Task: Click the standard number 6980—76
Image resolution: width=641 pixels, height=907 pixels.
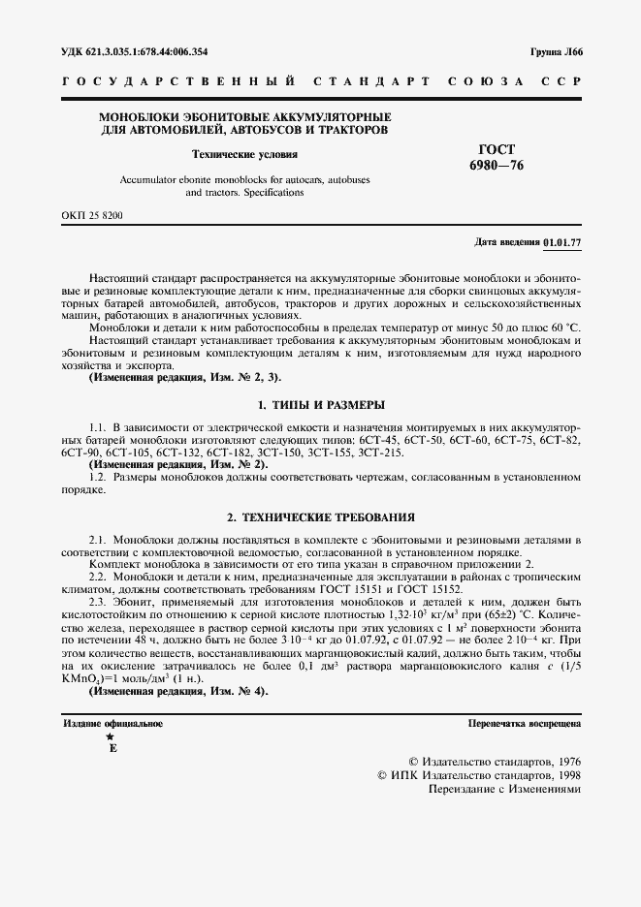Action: [x=497, y=165]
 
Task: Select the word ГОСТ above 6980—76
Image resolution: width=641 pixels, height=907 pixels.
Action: [x=497, y=149]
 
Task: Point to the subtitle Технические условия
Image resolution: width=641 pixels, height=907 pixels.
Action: [x=244, y=154]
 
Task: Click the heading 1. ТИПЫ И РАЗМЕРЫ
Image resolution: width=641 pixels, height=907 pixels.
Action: [x=320, y=403]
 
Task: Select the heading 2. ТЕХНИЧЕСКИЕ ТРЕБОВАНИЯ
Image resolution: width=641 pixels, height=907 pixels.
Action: [x=320, y=517]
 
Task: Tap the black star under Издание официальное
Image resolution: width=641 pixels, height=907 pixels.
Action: [x=110, y=737]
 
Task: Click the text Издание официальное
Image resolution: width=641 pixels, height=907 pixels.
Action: [x=112, y=723]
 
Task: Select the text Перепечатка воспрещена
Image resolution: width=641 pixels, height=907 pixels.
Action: [x=524, y=723]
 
